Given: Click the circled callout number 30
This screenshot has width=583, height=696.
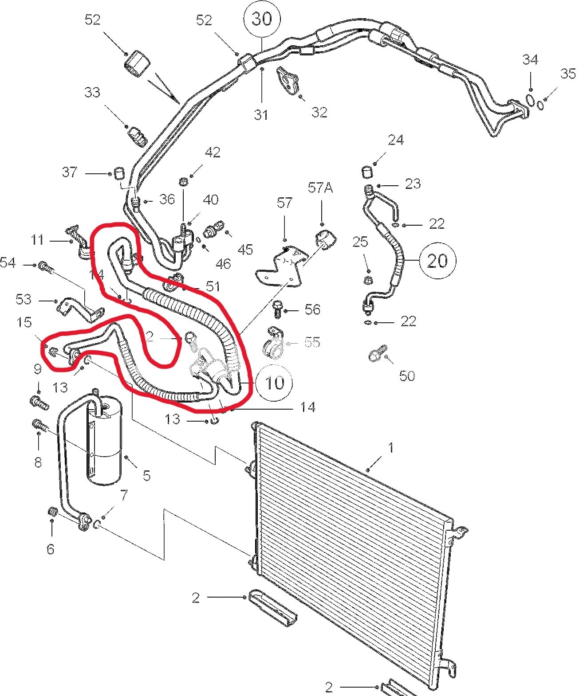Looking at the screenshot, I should tap(262, 19).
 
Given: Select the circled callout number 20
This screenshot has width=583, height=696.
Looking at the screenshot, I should tap(437, 260).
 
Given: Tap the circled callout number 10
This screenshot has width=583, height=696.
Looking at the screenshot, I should tap(275, 383).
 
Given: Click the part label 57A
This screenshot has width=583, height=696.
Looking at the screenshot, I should tap(320, 188).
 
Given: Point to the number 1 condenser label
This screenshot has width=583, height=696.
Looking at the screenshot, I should tap(390, 448).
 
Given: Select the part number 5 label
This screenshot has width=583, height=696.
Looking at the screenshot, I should tap(146, 476).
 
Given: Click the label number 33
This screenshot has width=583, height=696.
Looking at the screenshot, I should tap(92, 93).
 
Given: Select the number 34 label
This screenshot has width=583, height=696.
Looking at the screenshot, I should tap(530, 60).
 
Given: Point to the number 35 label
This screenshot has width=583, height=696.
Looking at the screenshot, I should tap(567, 74).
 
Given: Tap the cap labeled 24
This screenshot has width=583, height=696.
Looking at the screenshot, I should tap(367, 172).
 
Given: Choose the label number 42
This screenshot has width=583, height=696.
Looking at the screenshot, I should tap(213, 152).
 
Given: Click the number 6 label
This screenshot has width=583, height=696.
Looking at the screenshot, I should tap(50, 549).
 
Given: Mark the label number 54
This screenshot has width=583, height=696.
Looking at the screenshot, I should tap(8, 263).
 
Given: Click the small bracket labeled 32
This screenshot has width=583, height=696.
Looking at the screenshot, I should tap(288, 80).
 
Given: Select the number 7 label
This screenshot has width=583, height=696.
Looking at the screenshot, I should tap(124, 495).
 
